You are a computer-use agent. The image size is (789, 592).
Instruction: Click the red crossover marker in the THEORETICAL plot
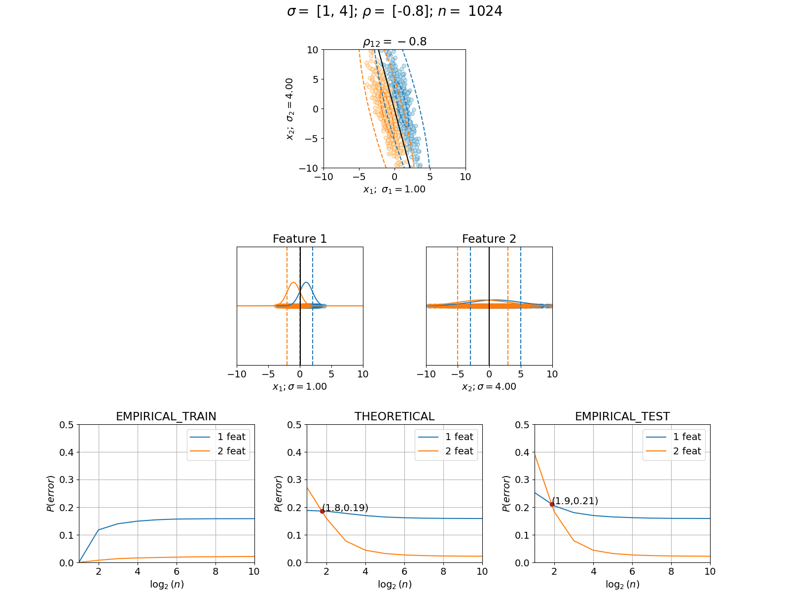pyautogui.click(x=322, y=511)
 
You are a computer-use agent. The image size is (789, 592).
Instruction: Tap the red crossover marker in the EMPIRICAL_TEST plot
pyautogui.click(x=552, y=505)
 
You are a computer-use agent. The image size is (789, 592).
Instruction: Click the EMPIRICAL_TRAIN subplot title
pyautogui.click(x=166, y=416)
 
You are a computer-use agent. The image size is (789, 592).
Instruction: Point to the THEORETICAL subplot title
pyautogui.click(x=394, y=416)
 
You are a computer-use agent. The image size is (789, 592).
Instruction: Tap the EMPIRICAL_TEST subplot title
pyautogui.click(x=622, y=416)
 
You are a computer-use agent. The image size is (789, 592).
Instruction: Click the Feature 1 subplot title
pyautogui.click(x=300, y=239)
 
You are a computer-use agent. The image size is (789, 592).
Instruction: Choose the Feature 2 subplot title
pyautogui.click(x=489, y=239)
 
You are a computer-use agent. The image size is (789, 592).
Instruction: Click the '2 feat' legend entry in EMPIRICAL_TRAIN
pyautogui.click(x=218, y=451)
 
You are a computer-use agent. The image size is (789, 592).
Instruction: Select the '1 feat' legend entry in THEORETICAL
pyautogui.click(x=446, y=437)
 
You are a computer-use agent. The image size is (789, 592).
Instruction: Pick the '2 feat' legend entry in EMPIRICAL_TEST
pyautogui.click(x=674, y=451)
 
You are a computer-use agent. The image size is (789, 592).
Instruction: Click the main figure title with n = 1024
pyautogui.click(x=394, y=11)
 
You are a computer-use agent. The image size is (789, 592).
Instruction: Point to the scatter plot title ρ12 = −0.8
pyautogui.click(x=394, y=42)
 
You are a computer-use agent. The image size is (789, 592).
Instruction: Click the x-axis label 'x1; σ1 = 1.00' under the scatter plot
pyautogui.click(x=394, y=189)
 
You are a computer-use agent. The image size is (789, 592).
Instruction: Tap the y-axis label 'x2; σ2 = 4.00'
pyautogui.click(x=290, y=109)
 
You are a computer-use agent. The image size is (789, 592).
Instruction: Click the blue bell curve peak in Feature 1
pyautogui.click(x=306, y=283)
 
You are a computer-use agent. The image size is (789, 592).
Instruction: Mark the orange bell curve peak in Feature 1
pyautogui.click(x=294, y=283)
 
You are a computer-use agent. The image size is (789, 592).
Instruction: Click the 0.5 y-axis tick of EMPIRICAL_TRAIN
pyautogui.click(x=67, y=425)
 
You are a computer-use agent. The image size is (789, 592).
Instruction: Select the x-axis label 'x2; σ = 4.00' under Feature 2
pyautogui.click(x=489, y=387)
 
